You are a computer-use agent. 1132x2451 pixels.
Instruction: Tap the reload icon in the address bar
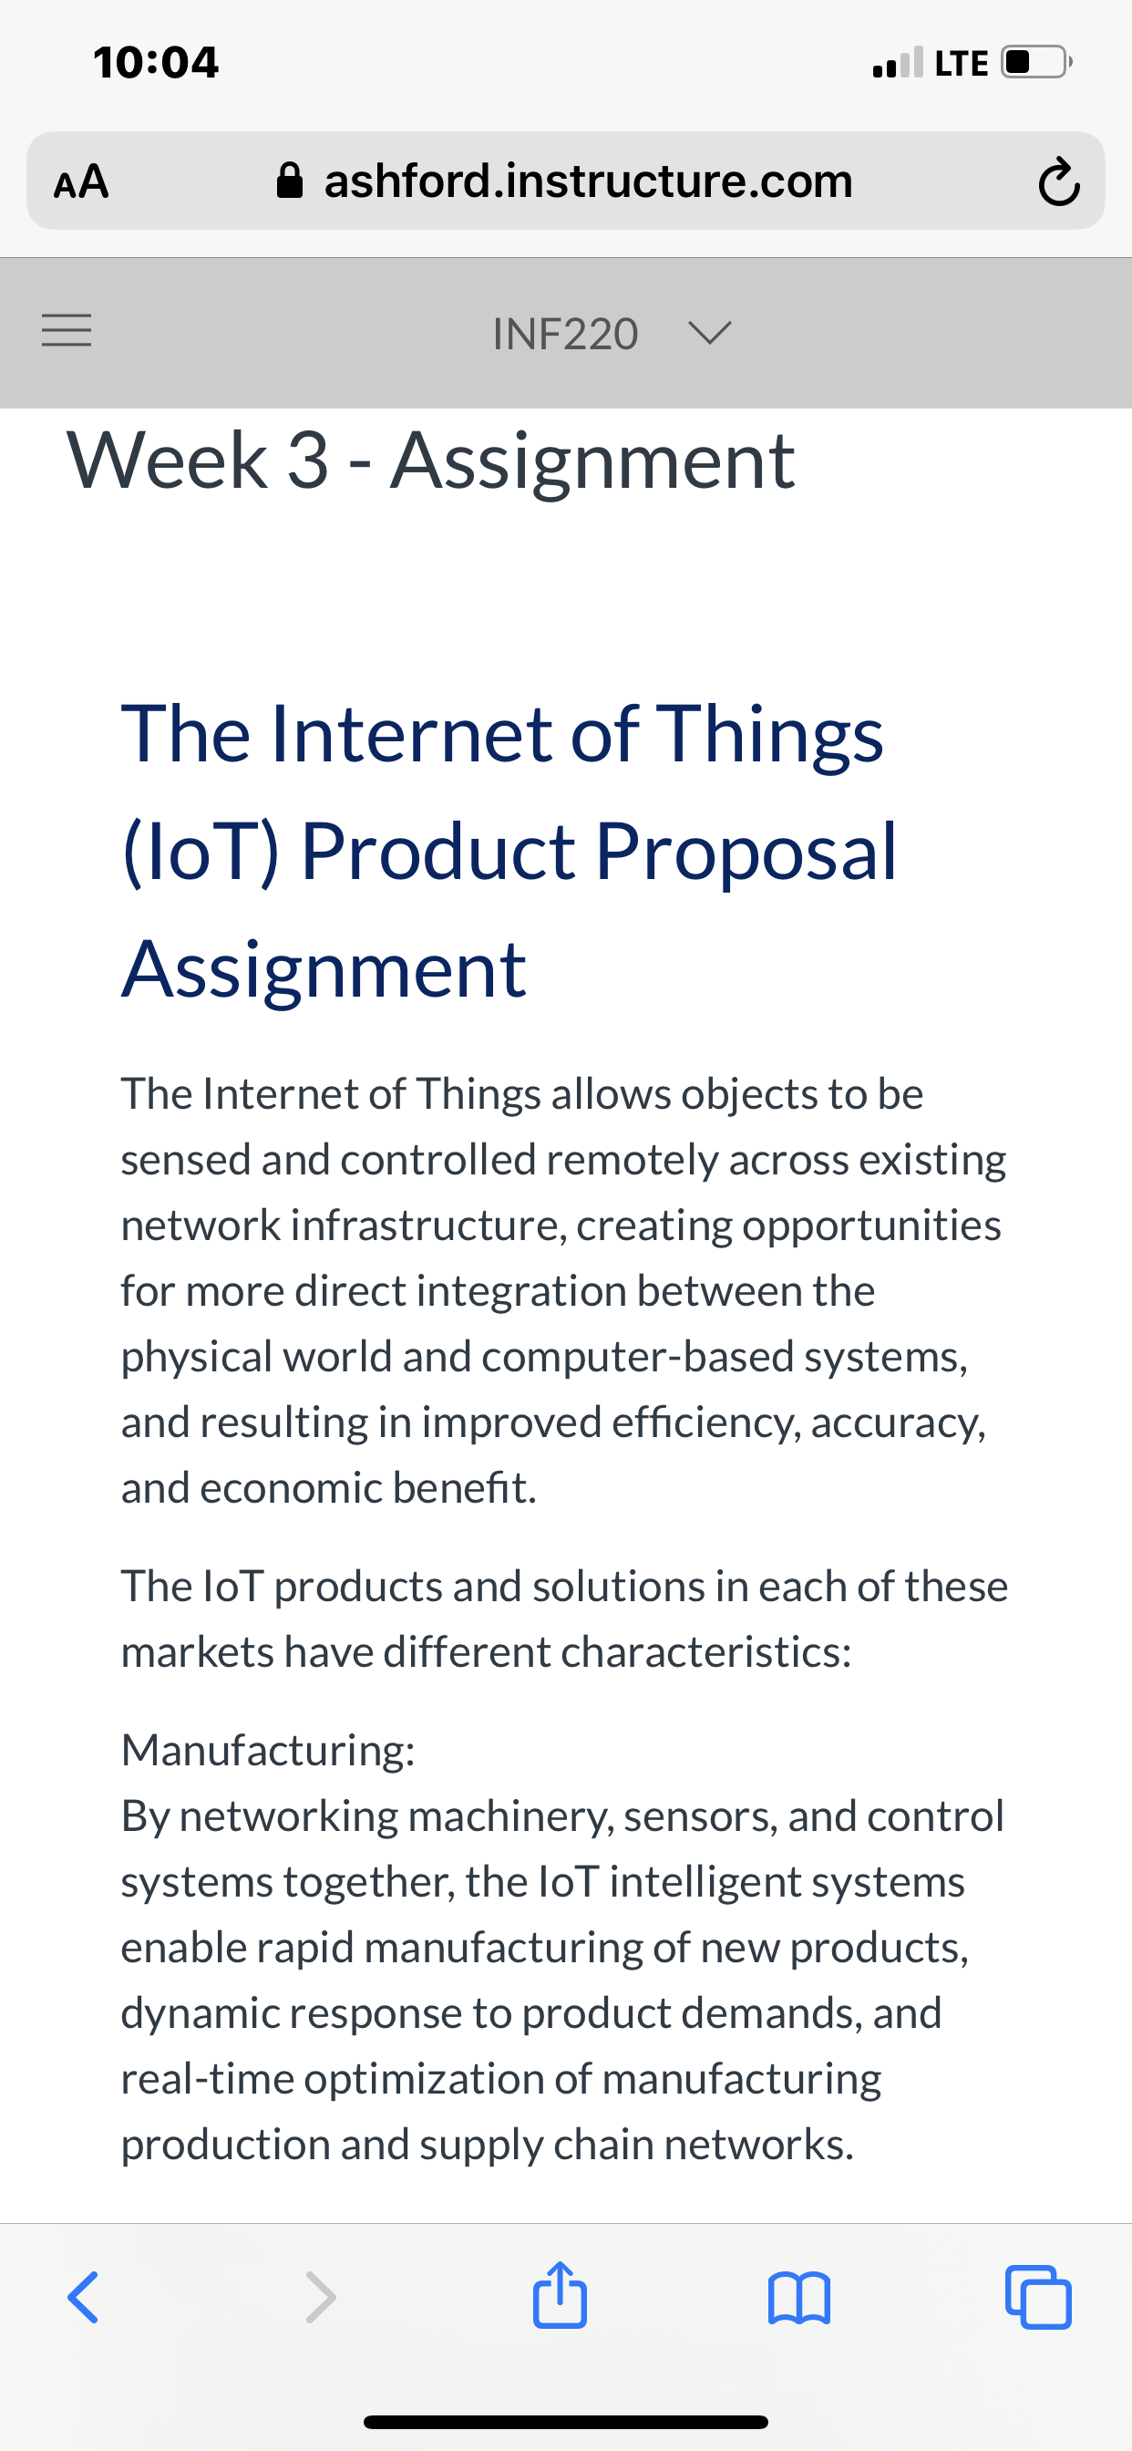pos(1059,181)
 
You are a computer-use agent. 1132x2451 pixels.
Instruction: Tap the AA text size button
pos(82,181)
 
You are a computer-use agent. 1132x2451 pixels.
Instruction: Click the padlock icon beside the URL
pos(289,180)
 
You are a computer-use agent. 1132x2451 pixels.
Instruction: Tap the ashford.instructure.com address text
pos(588,181)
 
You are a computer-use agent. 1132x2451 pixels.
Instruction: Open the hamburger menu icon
pos(67,331)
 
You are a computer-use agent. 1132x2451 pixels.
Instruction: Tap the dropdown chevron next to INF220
pos(709,333)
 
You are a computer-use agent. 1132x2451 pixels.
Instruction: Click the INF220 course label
pos(565,334)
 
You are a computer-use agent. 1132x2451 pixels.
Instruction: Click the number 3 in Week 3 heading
pos(308,460)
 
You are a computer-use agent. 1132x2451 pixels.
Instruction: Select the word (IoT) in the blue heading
pos(201,852)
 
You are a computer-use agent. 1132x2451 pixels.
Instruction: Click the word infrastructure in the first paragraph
pos(428,1225)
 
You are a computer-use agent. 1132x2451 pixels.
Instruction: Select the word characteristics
pos(705,1653)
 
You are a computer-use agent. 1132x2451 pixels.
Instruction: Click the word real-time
pos(208,2079)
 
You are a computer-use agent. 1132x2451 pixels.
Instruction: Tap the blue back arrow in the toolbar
pos(83,2298)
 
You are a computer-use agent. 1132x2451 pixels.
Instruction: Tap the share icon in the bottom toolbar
pos(560,2294)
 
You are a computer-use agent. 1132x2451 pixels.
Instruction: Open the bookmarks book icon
pos(799,2299)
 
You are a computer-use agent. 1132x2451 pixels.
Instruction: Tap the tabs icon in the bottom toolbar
pos(1038,2298)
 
